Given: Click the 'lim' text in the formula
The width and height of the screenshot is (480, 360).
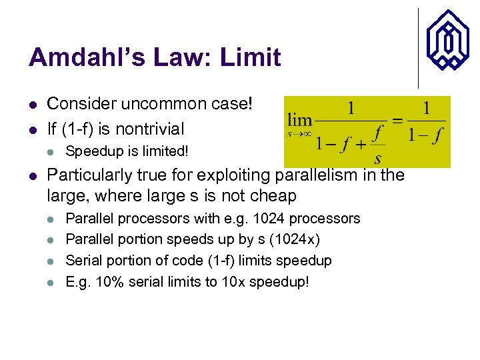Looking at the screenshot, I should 300,121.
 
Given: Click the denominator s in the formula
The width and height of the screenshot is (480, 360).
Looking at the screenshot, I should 378,158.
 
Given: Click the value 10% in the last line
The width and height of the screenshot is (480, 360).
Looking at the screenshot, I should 107,281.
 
